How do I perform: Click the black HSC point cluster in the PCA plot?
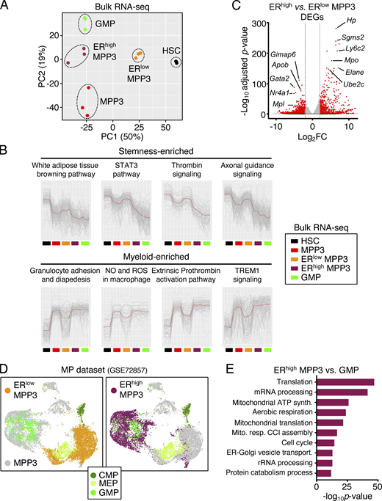(176, 62)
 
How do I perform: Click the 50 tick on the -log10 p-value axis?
(378, 485)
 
